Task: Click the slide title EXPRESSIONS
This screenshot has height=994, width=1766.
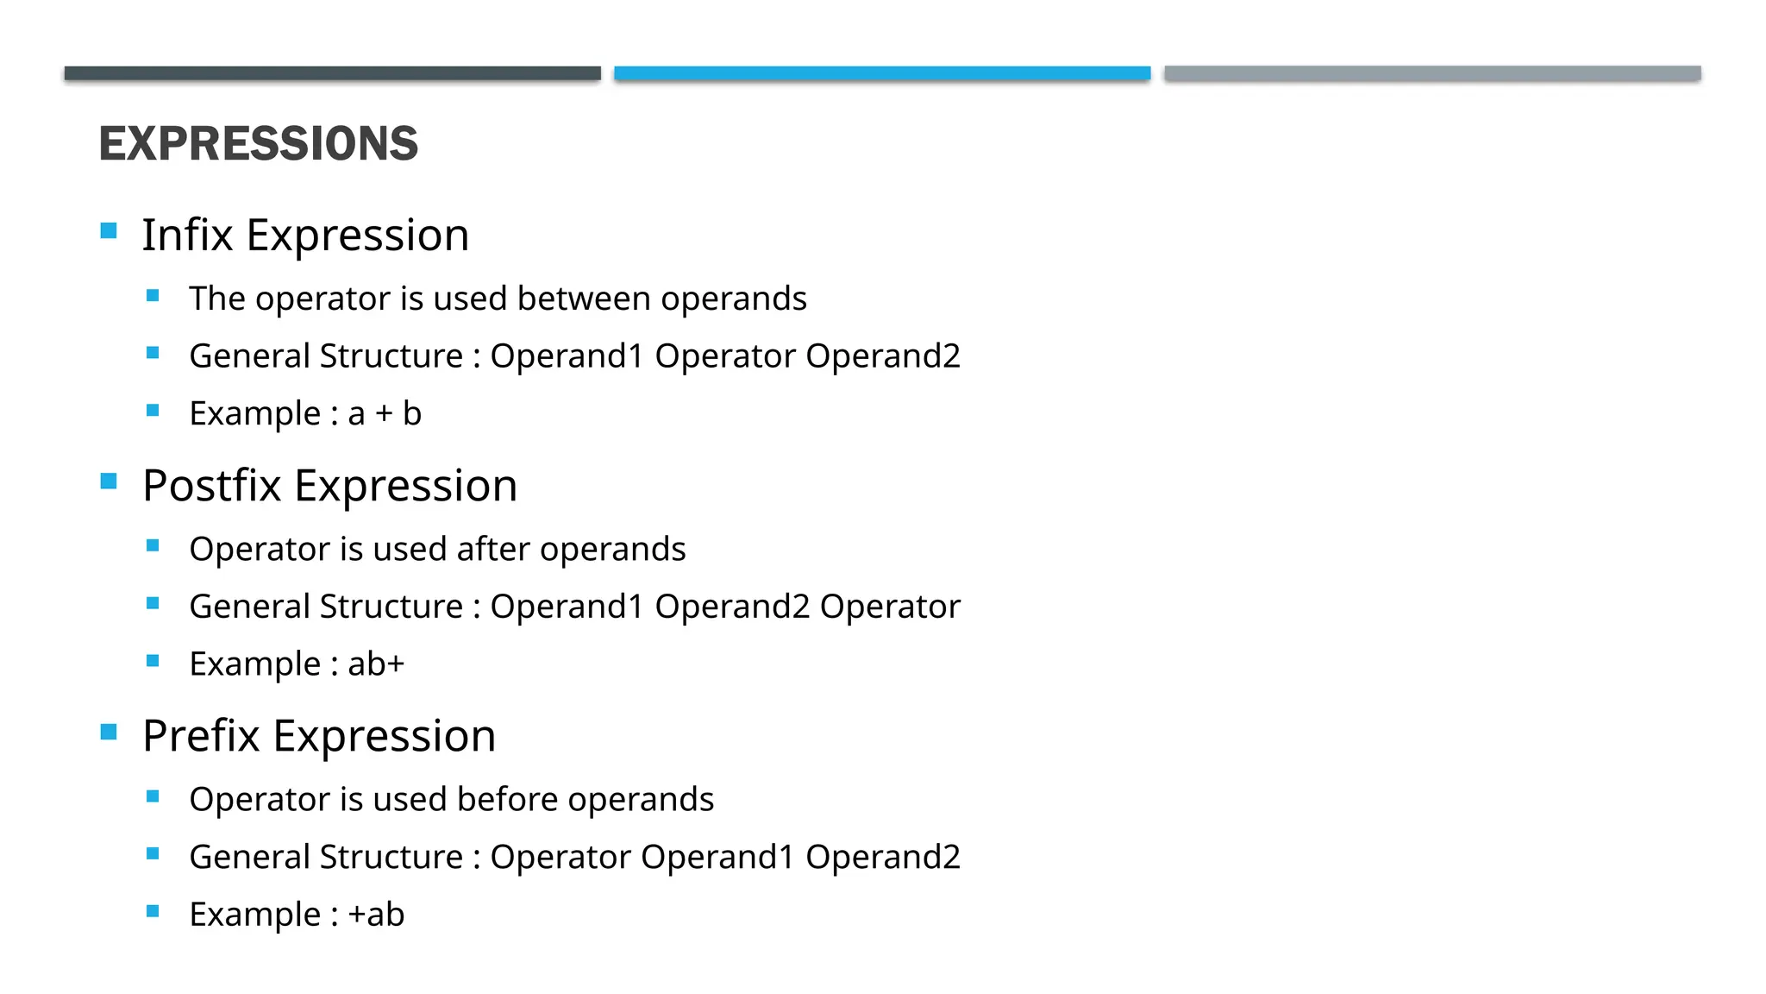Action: click(x=258, y=143)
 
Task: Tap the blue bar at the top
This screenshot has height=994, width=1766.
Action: click(x=882, y=73)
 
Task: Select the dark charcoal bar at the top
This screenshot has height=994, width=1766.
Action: click(x=332, y=73)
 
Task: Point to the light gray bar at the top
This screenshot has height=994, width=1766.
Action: click(x=1432, y=73)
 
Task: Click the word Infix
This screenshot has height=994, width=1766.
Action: click(x=187, y=235)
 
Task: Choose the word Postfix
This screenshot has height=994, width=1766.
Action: click(x=211, y=485)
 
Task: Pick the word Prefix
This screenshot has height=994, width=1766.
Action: click(x=201, y=736)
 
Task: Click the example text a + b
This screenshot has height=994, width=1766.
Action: click(x=385, y=413)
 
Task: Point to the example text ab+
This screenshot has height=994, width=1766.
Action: click(x=376, y=664)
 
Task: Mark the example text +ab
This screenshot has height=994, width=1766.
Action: click(x=376, y=915)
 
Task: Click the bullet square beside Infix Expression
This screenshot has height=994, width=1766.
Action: click(x=109, y=230)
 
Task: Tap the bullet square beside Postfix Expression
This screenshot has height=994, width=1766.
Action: click(x=109, y=481)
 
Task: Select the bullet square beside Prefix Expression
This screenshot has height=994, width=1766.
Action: click(x=109, y=732)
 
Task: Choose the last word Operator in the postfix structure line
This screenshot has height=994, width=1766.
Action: click(x=890, y=607)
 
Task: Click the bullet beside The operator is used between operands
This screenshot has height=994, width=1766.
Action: click(x=153, y=295)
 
